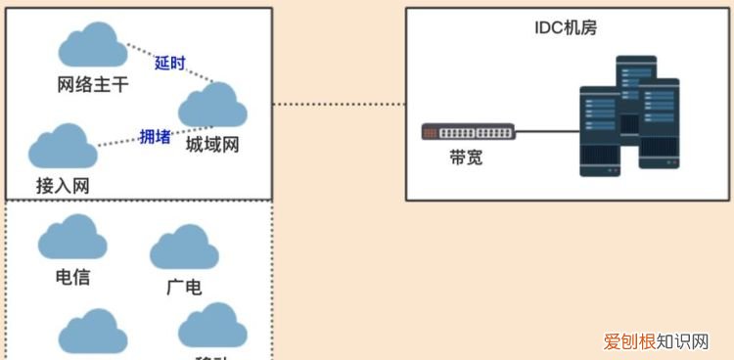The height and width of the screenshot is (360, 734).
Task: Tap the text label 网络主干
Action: (x=93, y=85)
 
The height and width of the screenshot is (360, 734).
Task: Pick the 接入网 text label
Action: (x=63, y=184)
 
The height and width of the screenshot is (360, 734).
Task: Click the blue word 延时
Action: (x=169, y=64)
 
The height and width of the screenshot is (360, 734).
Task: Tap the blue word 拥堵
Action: (x=155, y=137)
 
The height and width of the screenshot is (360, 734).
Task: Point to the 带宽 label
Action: (x=466, y=157)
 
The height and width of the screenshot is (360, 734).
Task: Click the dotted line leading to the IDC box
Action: (x=339, y=103)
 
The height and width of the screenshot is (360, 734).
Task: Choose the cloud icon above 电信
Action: (x=72, y=238)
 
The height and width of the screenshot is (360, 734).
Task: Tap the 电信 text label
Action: (x=72, y=277)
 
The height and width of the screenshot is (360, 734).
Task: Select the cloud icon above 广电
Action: (x=184, y=248)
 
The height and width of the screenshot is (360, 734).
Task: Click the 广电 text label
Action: (x=184, y=287)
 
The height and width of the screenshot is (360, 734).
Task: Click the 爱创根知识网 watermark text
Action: (x=656, y=341)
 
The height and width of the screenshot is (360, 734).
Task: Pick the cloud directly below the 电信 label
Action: (x=94, y=333)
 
